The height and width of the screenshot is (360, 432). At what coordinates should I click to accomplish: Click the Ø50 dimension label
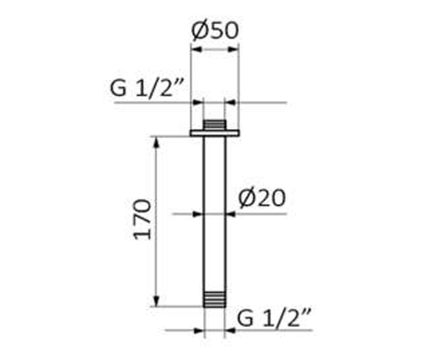[x=215, y=31]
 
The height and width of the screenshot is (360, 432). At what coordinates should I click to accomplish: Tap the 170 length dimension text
[x=143, y=220]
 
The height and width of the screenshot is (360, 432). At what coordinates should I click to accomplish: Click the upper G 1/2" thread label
[x=147, y=88]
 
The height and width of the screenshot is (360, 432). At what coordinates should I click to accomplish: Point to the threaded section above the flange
[x=214, y=125]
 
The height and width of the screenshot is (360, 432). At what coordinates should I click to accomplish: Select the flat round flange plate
[x=215, y=134]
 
